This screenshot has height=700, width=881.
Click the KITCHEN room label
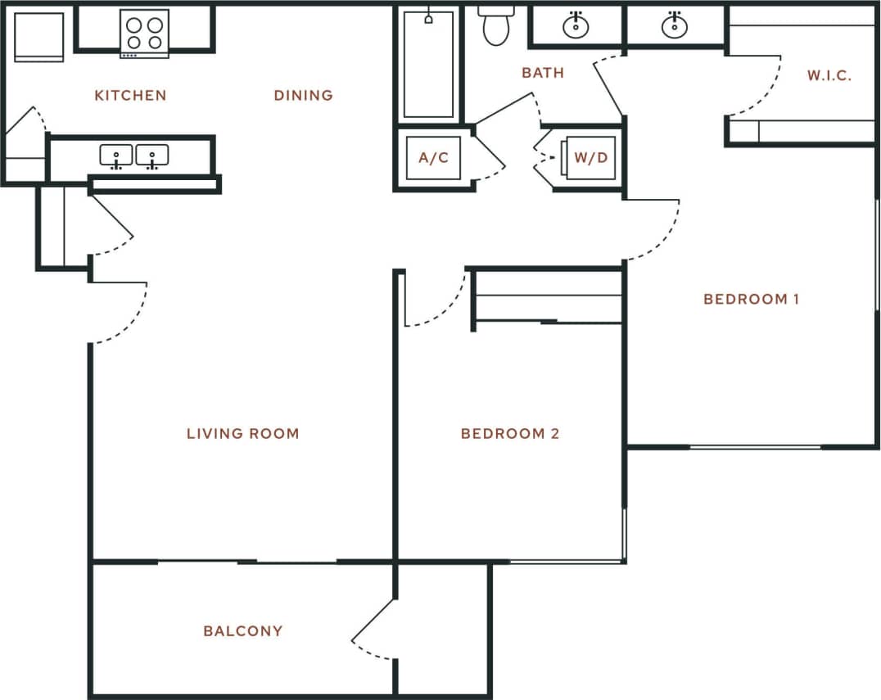(x=130, y=96)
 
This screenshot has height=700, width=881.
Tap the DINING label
(x=303, y=96)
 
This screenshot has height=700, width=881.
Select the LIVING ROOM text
(x=242, y=434)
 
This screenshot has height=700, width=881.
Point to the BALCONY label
(x=242, y=631)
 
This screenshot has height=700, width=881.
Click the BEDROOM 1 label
(x=751, y=300)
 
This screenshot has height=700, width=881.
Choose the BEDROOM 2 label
(x=509, y=434)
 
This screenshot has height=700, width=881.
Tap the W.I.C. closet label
(x=829, y=76)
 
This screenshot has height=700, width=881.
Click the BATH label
(x=543, y=73)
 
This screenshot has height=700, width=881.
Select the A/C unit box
(x=433, y=157)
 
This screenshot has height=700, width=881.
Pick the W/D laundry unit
(x=590, y=157)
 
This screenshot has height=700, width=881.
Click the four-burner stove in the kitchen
(x=144, y=33)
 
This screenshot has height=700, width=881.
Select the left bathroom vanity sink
(x=576, y=25)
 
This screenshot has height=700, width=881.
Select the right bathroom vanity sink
(x=675, y=25)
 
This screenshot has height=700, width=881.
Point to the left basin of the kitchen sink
(x=116, y=155)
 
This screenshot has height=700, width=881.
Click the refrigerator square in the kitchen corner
(x=38, y=36)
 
